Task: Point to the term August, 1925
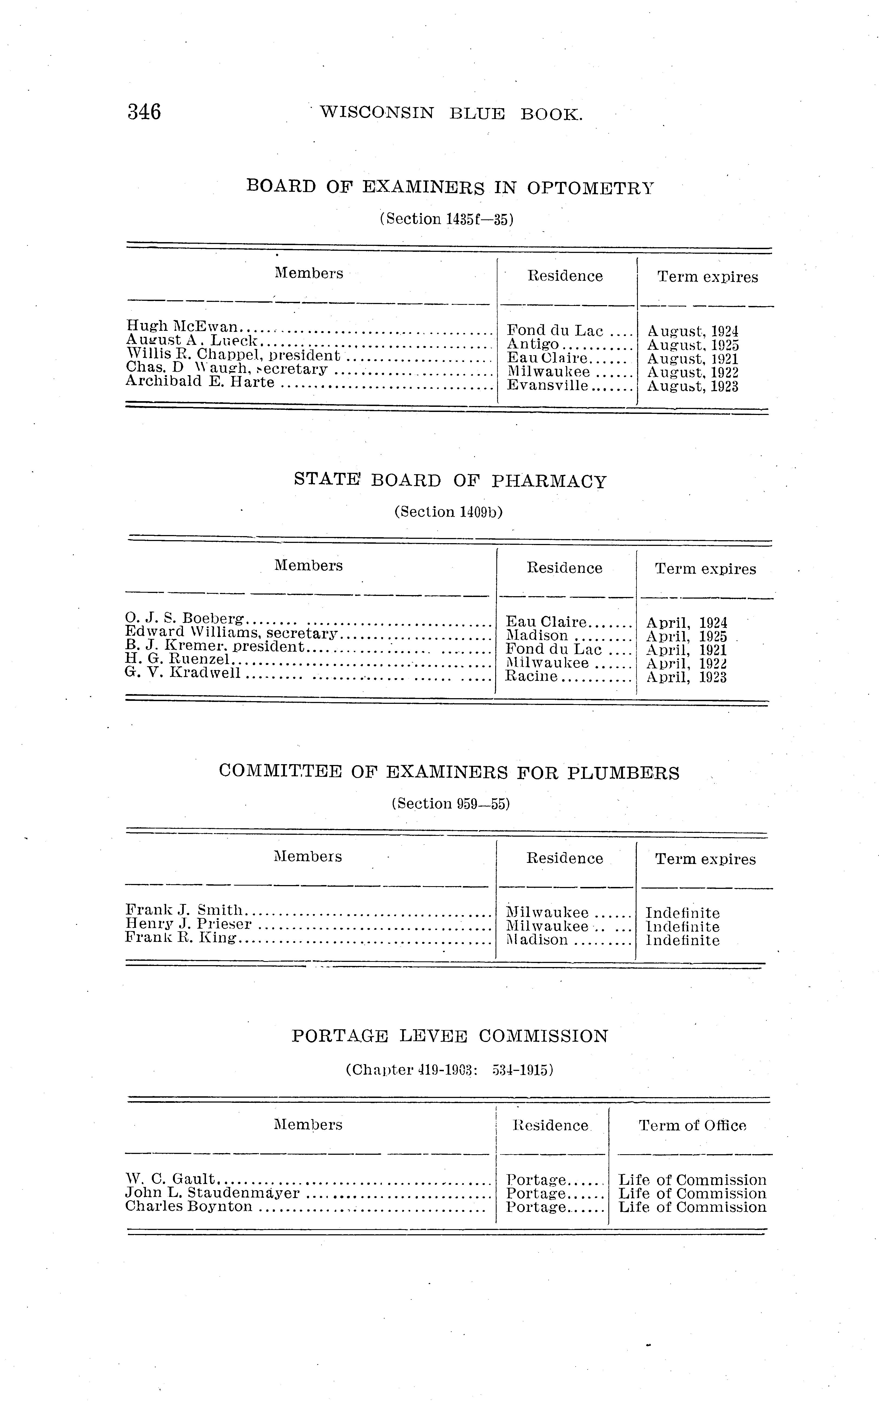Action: point(693,346)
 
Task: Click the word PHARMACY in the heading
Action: point(549,482)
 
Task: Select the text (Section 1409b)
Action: point(448,512)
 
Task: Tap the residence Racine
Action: point(531,676)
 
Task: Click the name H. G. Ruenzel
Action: point(178,660)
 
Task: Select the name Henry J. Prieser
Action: point(188,925)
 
